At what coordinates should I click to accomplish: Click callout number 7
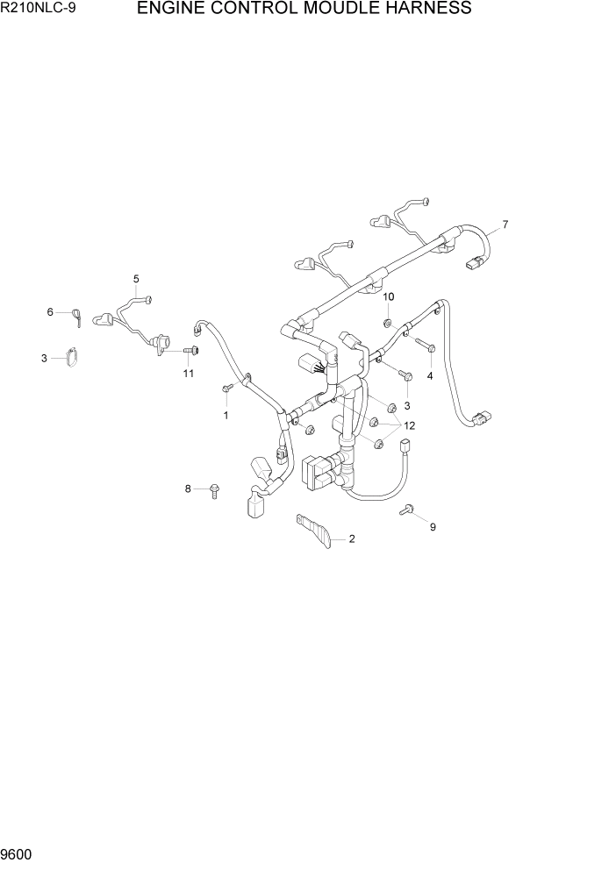tap(505, 225)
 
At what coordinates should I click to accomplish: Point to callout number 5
tap(136, 279)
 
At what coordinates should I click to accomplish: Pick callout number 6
tap(51, 312)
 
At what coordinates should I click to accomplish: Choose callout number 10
tap(389, 296)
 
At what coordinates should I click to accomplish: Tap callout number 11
tap(188, 374)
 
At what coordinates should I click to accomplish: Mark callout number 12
tap(409, 425)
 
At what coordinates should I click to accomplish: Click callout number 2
tap(352, 539)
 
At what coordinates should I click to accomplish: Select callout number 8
tap(187, 488)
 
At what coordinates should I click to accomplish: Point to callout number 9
tap(432, 527)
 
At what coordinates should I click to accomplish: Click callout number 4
tap(430, 375)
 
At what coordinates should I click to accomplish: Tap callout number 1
tap(226, 415)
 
